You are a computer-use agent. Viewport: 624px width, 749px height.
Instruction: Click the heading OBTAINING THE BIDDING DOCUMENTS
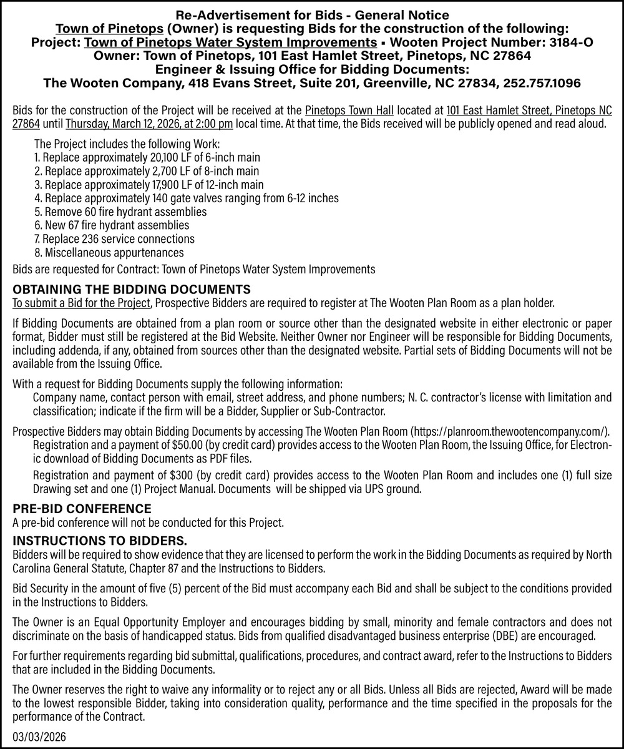point(132,290)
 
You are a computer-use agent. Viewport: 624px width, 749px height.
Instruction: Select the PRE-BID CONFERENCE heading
point(82,509)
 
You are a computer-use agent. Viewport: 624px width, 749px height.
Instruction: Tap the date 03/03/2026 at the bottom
point(39,737)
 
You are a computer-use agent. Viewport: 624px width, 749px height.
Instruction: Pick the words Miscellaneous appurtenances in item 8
point(114,253)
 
